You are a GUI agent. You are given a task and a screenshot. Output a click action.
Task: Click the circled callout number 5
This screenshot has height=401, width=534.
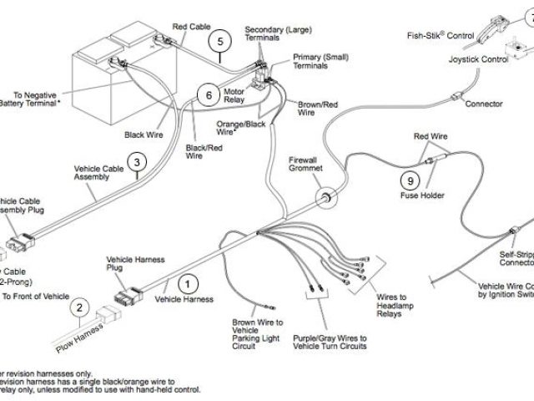tap(220, 40)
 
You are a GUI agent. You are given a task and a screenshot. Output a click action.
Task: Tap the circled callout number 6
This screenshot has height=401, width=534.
tap(209, 94)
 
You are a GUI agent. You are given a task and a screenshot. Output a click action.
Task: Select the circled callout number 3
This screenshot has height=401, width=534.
tap(137, 163)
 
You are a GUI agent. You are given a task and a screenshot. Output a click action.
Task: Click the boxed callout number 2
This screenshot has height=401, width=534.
tap(79, 308)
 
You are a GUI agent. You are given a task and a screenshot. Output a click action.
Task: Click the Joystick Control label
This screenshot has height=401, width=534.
tap(478, 60)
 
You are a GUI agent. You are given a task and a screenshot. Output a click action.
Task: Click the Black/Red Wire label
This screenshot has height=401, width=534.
tap(194, 152)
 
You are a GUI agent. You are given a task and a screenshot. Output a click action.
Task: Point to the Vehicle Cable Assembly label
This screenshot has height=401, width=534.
tap(100, 173)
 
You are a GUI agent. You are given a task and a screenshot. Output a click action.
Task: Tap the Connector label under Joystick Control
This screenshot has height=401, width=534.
tap(483, 104)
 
